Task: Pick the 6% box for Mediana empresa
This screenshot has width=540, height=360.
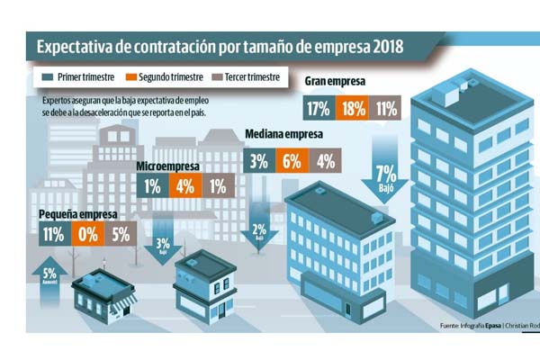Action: [x=291, y=162]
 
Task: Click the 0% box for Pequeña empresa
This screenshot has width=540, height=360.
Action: [x=86, y=237]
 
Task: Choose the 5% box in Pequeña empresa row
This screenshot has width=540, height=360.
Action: [x=122, y=237]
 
